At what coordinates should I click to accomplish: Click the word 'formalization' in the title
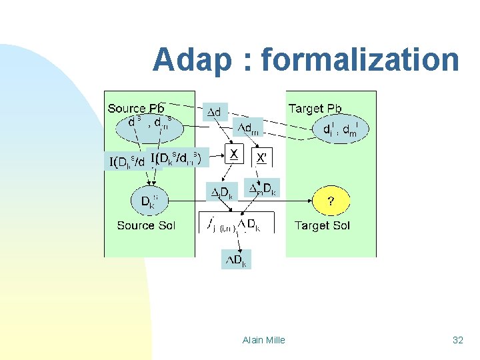(360, 60)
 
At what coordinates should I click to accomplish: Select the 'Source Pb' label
(136, 108)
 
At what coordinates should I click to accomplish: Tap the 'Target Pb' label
(315, 108)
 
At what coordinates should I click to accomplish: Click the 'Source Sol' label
(146, 225)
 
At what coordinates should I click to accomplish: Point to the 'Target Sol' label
(322, 225)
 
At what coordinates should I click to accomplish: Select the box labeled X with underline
(234, 155)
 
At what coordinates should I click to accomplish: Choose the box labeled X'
(263, 157)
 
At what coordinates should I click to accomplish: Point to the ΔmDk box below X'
(263, 189)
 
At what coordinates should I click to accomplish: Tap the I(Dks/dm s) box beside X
(179, 157)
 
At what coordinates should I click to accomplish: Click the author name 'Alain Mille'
(264, 340)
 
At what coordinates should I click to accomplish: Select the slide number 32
(457, 340)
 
